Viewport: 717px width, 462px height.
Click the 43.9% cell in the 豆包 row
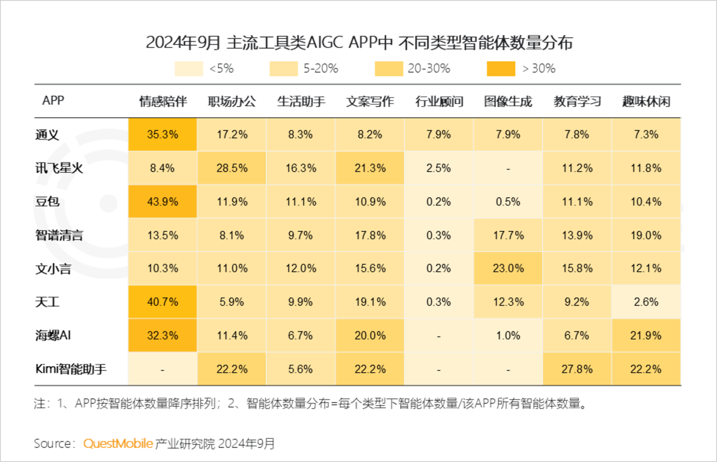[x=162, y=202]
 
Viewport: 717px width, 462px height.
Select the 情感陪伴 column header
[x=163, y=102]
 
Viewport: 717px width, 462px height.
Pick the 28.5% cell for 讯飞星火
[x=232, y=168]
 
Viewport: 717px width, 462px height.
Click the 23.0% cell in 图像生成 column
[x=508, y=269]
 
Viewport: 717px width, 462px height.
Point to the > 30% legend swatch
[x=500, y=69]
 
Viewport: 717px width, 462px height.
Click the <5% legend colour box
[x=189, y=69]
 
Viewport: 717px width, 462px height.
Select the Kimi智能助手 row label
[x=71, y=369]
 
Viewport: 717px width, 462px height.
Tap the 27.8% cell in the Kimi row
[x=577, y=369]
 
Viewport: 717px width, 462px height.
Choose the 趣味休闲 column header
[x=646, y=102]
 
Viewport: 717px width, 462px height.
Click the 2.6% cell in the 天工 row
[x=646, y=302]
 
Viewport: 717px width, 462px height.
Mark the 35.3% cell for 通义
[x=162, y=135]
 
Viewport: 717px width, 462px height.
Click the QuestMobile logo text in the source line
[x=118, y=444]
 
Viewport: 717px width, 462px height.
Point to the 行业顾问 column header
[x=439, y=102]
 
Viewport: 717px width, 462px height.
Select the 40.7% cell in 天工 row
[x=162, y=302]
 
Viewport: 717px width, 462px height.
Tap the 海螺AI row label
[x=53, y=335]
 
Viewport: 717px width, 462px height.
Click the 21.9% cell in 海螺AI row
[x=646, y=335]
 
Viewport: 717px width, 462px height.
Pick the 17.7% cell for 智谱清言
[x=508, y=235]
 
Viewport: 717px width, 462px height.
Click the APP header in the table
[x=53, y=101]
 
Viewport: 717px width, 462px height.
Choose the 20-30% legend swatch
[x=388, y=69]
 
